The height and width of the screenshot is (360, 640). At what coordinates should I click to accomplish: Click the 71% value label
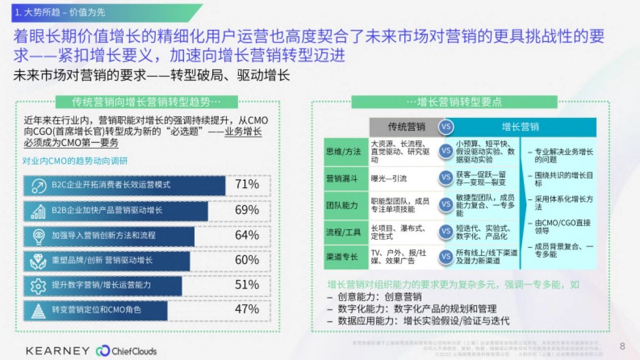tap(247, 185)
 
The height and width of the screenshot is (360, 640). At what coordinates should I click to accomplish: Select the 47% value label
tap(247, 309)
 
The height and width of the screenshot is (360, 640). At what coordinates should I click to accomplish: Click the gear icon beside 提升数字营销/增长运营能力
tap(38, 285)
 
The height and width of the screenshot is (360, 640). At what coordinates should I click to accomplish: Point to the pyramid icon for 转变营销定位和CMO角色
tap(38, 310)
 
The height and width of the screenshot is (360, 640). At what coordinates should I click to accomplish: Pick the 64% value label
tap(247, 235)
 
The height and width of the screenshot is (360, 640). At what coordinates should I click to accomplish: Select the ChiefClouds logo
tap(126, 351)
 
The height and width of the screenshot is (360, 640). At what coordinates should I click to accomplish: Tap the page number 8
tap(622, 346)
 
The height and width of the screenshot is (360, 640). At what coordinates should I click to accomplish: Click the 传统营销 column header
tap(406, 126)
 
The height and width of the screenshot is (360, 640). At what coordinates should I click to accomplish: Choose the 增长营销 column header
tap(521, 126)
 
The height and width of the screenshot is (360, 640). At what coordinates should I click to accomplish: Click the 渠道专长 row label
tap(342, 257)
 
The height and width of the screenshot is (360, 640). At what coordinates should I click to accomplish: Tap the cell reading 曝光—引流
tap(389, 179)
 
